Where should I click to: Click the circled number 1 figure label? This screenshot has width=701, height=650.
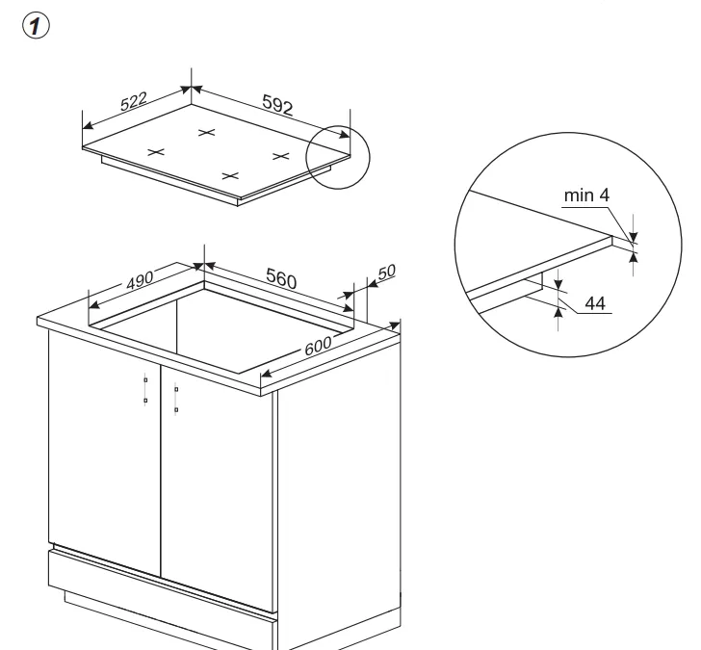36,25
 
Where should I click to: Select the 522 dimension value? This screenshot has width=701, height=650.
134,101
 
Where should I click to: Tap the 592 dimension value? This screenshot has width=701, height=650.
277,105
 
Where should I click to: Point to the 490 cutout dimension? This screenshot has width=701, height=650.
140,280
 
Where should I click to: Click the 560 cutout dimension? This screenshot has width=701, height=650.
281,277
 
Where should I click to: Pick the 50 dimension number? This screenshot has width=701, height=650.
387,273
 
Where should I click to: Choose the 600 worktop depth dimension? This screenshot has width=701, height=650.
318,346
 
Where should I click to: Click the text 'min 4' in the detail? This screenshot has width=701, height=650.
586,195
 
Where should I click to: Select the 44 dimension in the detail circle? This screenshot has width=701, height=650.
595,303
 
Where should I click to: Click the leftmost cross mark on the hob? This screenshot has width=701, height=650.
156,152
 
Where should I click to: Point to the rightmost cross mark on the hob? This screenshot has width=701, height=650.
281,156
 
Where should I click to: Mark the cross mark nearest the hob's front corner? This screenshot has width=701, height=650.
230,176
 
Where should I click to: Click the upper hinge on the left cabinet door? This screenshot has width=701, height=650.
145,380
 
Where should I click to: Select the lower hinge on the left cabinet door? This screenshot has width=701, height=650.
145,401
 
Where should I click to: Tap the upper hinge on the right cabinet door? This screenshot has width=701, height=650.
176,389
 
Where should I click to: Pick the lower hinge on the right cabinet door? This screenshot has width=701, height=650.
176,410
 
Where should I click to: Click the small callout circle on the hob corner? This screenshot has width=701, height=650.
338,157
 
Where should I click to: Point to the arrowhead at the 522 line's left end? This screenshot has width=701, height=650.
88,125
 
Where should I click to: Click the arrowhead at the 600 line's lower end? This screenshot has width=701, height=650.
267,374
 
